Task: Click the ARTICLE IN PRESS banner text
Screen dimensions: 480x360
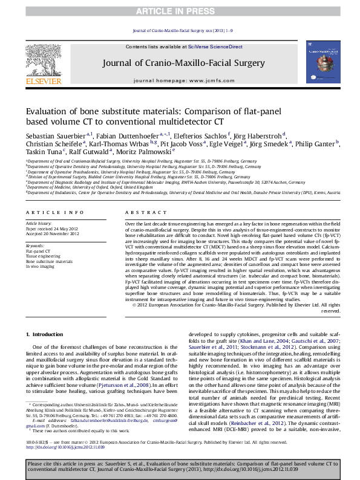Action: [180, 11]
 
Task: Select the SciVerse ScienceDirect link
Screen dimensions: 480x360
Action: [215, 47]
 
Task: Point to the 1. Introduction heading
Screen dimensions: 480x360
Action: [47, 334]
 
